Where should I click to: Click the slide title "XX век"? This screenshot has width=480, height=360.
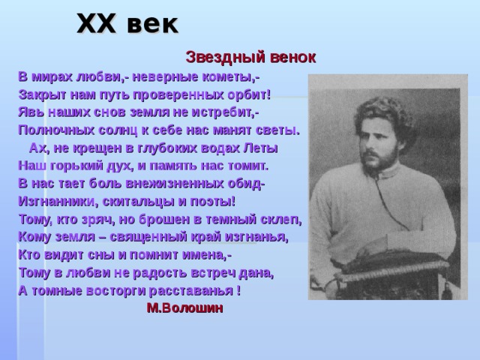[128, 24]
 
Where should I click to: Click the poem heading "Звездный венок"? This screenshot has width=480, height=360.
[250, 57]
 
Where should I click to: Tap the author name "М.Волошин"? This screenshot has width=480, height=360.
[184, 307]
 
